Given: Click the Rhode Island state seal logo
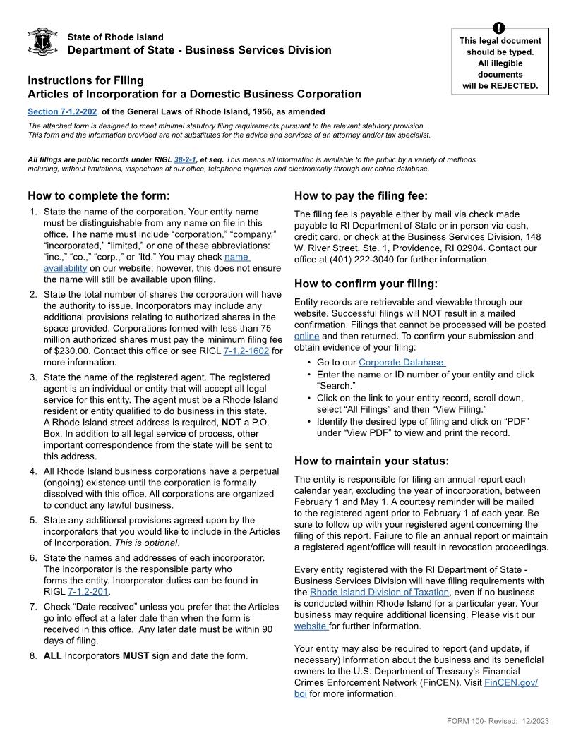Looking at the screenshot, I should pos(42,42).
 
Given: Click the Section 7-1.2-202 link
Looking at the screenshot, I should pos(62,111).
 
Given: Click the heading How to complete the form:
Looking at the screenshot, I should pos(100,195).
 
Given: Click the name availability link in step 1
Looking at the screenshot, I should pos(236,258).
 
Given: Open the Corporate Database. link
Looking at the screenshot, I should pos(402,363).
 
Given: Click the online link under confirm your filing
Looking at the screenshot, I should pos(306,336).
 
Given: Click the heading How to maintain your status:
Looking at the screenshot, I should pos(371,461).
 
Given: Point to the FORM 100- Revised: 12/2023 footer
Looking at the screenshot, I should pos(498,720).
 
